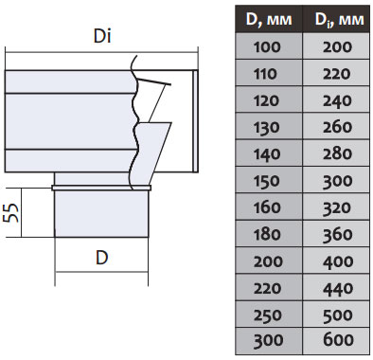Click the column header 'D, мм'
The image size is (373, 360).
266,20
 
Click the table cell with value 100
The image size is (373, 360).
266,45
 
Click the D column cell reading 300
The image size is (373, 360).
266,339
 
